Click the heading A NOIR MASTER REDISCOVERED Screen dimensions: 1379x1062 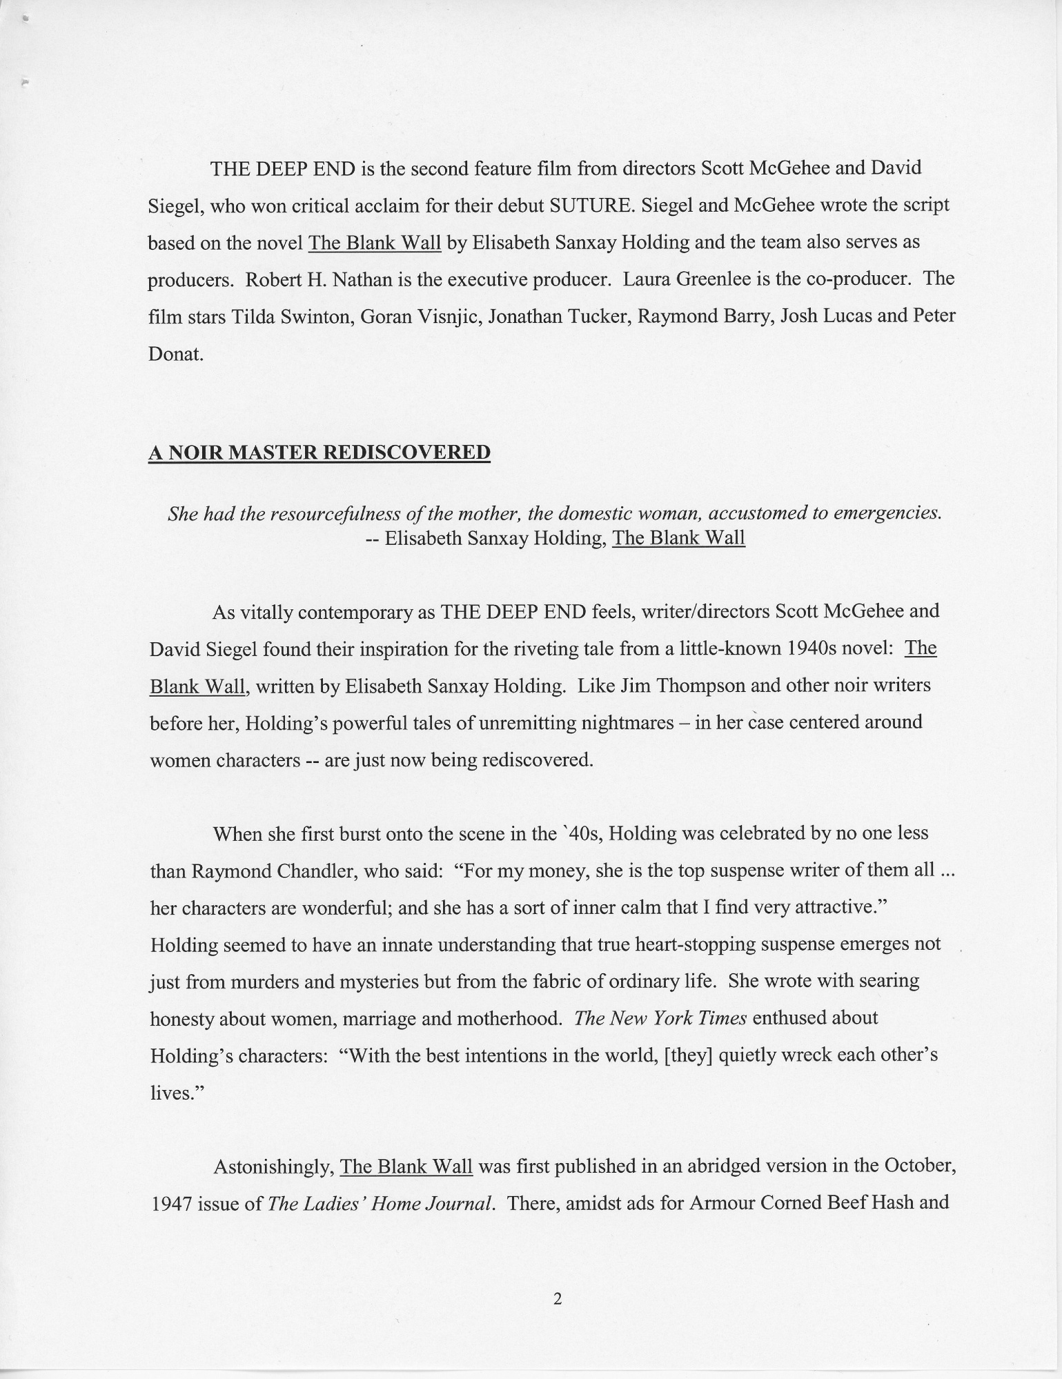pyautogui.click(x=319, y=453)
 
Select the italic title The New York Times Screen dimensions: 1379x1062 pyautogui.click(x=660, y=1018)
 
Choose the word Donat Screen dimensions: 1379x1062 pyautogui.click(x=176, y=355)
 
